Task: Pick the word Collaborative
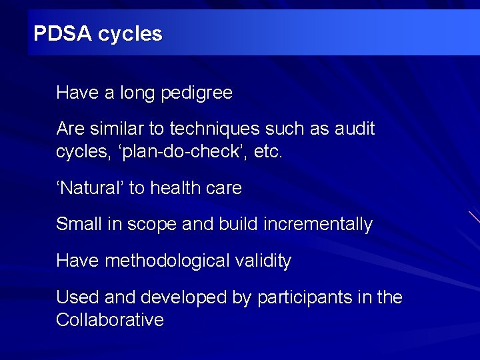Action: point(110,320)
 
